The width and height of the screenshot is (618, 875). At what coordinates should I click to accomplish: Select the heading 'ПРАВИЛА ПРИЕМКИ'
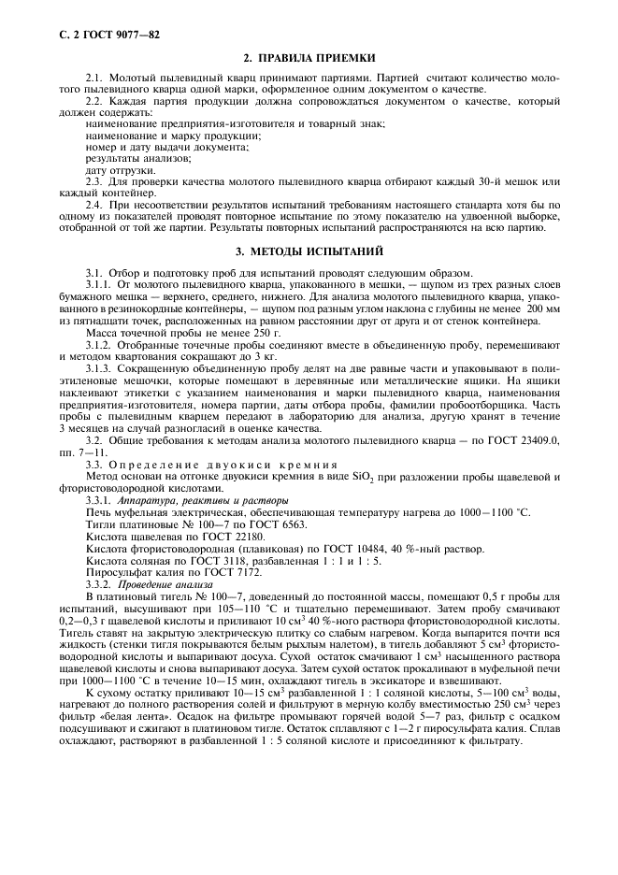pyautogui.click(x=315, y=57)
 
